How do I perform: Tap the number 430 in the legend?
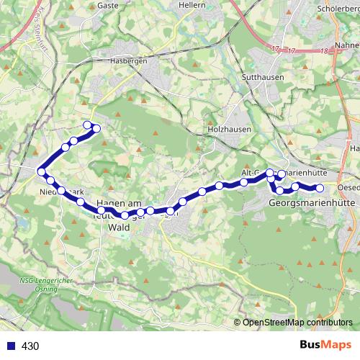[31, 346]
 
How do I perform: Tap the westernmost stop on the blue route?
[42, 171]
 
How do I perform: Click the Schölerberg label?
[338, 9]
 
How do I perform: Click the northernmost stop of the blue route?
[88, 125]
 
